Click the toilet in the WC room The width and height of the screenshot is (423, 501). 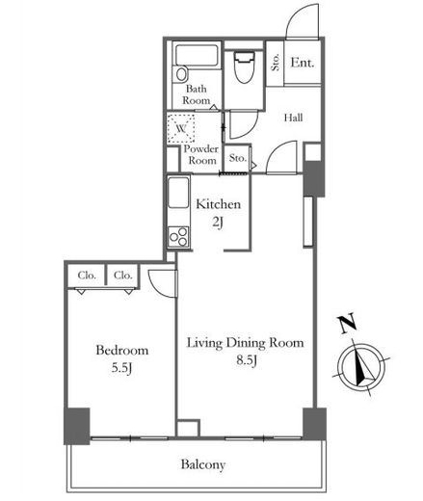coord(244,66)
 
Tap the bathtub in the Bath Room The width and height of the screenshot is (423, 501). coord(197,55)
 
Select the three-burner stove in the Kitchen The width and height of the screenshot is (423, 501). coord(178,237)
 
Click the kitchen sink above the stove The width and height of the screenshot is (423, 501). coord(178,193)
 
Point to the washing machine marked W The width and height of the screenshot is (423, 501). coord(181,128)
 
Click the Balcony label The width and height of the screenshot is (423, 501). coord(203,464)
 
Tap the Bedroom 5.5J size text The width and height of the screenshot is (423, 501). coord(121,368)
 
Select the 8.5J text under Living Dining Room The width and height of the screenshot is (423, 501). coord(247,360)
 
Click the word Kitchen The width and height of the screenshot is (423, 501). coord(218,204)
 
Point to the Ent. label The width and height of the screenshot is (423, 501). coord(302,63)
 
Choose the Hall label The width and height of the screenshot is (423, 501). coord(293,118)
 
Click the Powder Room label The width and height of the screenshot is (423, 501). coord(201,154)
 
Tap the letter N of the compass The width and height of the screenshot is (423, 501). coord(347,323)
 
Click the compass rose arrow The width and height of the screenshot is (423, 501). coord(362,367)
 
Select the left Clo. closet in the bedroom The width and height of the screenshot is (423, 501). coord(87,276)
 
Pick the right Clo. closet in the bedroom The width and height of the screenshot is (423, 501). coord(122,276)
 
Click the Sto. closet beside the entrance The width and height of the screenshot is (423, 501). coord(276,63)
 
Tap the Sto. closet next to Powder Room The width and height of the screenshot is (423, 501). coord(238,158)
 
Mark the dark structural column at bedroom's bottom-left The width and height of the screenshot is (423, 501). coord(77,426)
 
